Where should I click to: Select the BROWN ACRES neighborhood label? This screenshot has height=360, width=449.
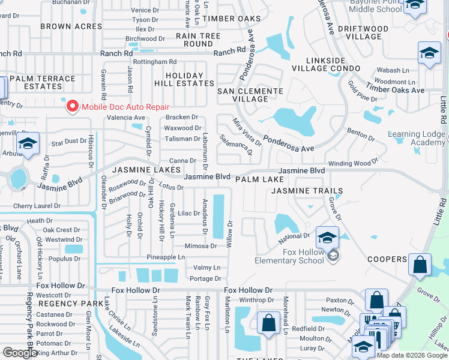click(71, 26)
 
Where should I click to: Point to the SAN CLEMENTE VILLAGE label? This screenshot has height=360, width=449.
click(250, 95)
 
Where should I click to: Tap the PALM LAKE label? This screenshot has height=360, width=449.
click(259, 179)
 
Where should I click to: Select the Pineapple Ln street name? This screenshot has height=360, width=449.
click(166, 257)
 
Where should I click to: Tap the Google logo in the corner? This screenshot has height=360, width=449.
click(20, 352)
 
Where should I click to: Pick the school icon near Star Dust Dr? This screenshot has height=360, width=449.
click(28, 144)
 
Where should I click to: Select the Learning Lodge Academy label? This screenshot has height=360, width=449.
click(417, 138)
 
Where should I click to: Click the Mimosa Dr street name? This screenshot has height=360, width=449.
click(200, 246)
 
